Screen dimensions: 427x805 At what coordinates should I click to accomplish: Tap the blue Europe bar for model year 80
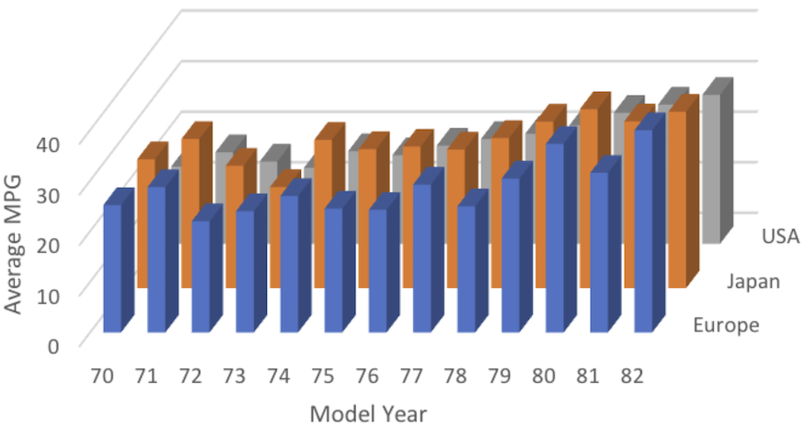tap(555, 237)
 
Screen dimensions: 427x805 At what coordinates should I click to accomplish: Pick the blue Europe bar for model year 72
tap(201, 275)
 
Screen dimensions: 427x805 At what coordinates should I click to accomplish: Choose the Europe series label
tap(726, 326)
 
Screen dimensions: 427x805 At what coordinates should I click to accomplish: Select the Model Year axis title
tap(368, 412)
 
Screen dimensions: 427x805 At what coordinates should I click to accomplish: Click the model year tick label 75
tap(323, 375)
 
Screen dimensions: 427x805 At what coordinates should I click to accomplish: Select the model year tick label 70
tap(101, 375)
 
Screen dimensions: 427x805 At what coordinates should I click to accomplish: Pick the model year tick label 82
tap(633, 375)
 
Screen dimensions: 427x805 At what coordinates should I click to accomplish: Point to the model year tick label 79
tap(500, 375)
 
